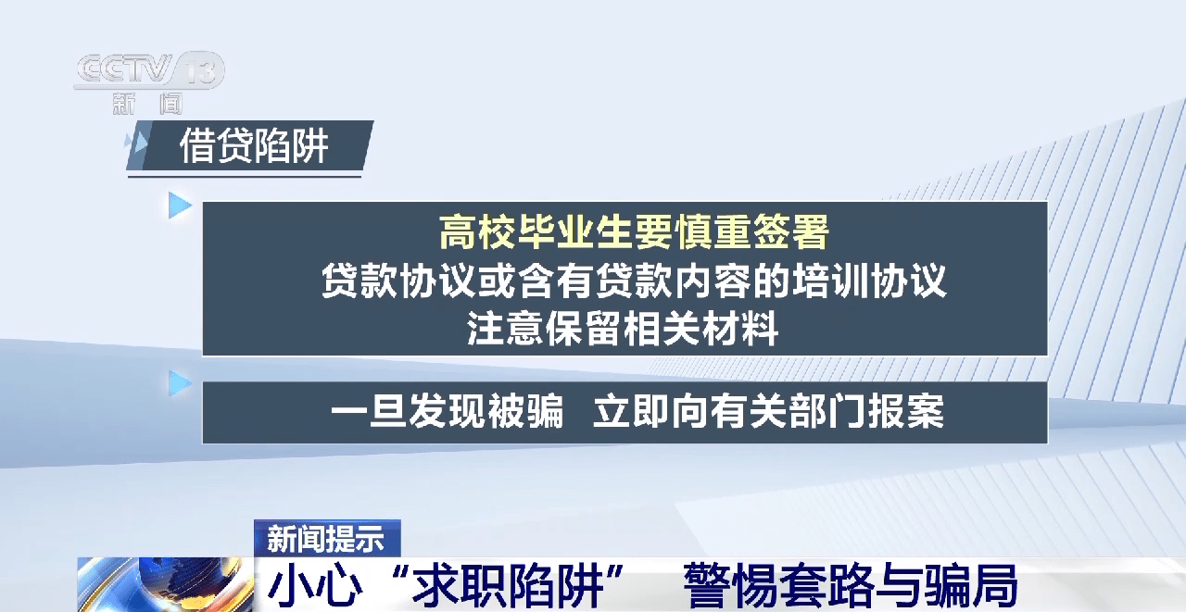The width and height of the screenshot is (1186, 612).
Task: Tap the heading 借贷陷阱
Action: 254,146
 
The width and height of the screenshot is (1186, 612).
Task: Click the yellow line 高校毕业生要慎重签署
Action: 634,231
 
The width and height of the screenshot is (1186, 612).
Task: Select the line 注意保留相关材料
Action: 624,328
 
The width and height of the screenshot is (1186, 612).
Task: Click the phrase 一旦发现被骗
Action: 447,410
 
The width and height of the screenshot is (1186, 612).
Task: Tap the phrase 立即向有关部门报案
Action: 768,410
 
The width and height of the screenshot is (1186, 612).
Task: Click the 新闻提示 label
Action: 325,539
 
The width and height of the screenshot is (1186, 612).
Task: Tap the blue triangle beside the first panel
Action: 180,206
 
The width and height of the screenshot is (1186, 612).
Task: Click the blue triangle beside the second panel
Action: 180,383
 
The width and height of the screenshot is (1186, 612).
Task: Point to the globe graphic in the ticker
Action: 165,584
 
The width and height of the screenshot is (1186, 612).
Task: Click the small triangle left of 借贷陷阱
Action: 140,143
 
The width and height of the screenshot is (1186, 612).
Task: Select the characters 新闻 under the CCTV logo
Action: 147,104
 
